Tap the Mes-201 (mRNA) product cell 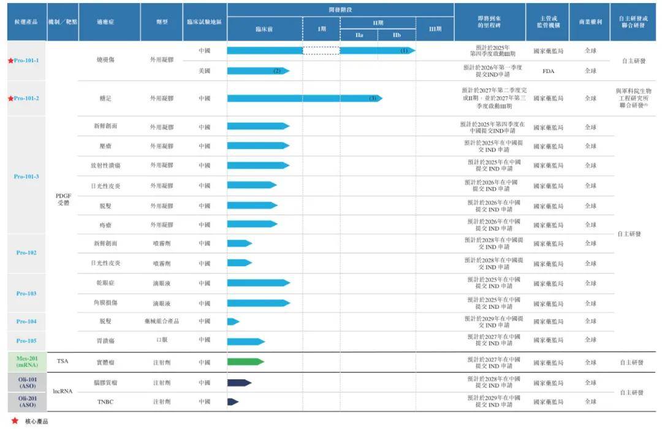point(26,361)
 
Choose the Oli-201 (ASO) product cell point(26,401)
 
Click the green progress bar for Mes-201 point(245,361)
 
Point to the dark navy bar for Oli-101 point(239,382)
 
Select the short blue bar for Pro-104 point(233,321)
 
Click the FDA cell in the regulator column point(548,71)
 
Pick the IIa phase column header point(359,36)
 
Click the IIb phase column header point(397,36)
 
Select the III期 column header point(435,29)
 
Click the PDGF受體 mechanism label point(64,198)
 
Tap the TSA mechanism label point(63,361)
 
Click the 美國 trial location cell point(205,71)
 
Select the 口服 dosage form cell point(162,340)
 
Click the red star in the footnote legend point(15,421)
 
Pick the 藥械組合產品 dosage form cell point(162,321)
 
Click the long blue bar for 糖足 point(304,98)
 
